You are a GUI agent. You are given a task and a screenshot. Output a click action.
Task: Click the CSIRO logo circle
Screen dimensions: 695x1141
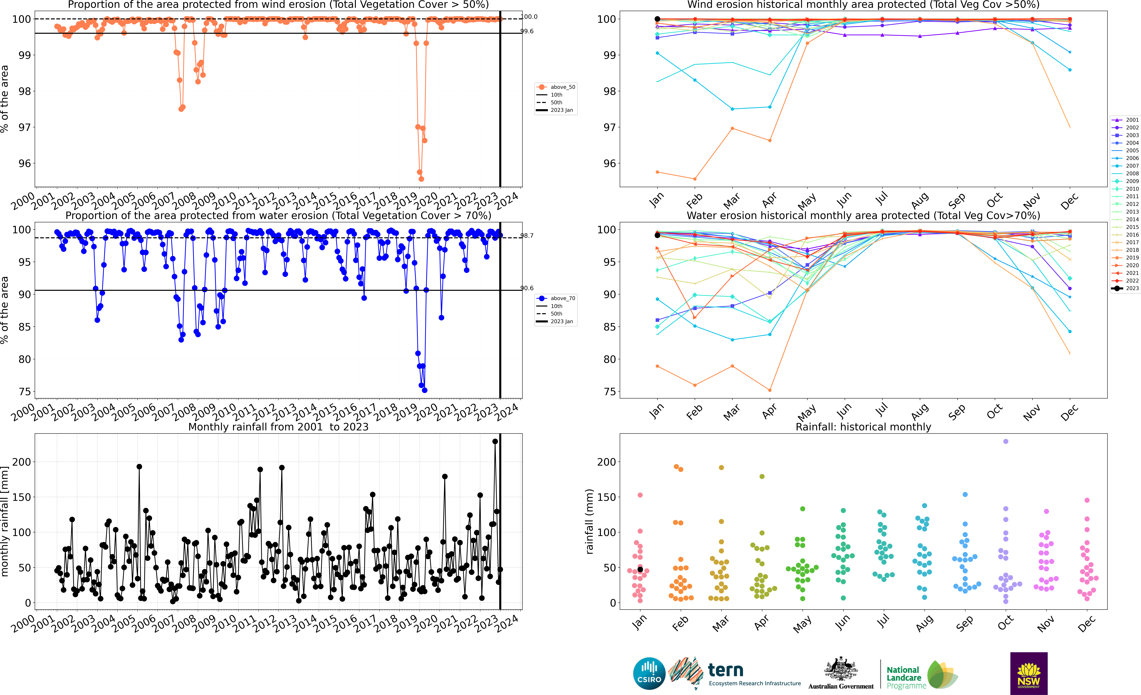tap(649, 673)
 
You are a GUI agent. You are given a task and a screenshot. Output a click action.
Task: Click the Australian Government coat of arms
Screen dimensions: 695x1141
tap(840, 669)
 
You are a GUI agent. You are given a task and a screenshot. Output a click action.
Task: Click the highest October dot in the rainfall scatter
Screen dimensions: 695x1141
tap(1005, 442)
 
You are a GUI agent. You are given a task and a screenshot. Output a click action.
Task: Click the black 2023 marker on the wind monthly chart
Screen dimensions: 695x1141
tap(657, 19)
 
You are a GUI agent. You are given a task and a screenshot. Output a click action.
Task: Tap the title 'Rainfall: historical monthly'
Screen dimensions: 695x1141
tap(863, 427)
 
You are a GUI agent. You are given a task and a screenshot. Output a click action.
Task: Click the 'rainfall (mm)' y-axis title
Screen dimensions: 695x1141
tap(589, 521)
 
